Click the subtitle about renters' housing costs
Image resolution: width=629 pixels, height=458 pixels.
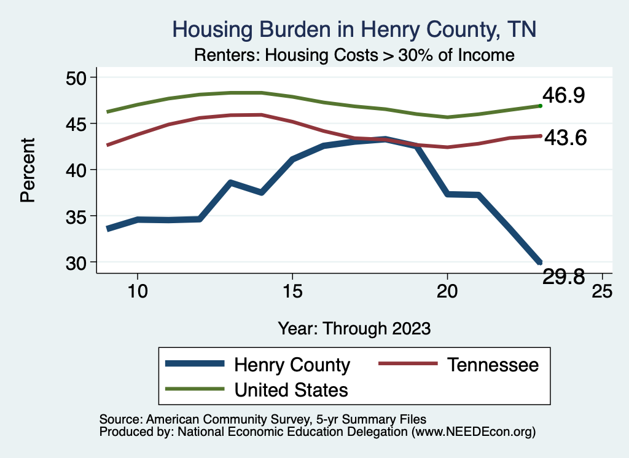click(x=354, y=55)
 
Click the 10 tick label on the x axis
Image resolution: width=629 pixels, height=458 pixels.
click(x=137, y=291)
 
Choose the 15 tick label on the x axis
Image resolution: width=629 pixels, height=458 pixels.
click(x=292, y=291)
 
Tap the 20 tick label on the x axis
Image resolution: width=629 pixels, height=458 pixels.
click(x=447, y=291)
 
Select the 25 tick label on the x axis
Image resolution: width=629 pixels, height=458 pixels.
click(x=601, y=291)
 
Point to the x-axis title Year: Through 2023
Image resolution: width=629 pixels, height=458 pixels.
click(x=354, y=328)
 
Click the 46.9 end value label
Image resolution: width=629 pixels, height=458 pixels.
click(x=563, y=96)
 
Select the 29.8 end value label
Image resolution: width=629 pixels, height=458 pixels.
click(x=563, y=277)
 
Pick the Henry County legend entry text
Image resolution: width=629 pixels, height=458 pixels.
click(x=292, y=365)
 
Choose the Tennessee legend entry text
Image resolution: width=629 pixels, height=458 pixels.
click(x=493, y=365)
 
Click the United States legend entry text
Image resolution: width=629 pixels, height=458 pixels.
click(x=291, y=390)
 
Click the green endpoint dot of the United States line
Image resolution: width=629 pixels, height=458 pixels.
click(x=541, y=106)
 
